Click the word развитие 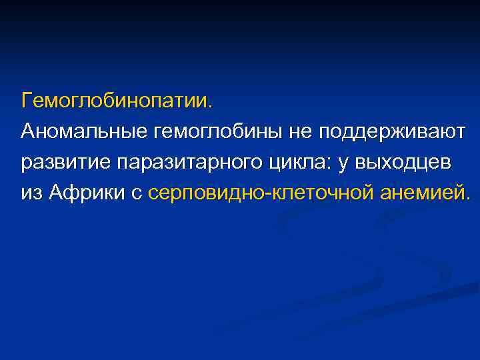point(65,162)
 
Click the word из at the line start point(31,193)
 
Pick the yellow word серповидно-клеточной point(261,193)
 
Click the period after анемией point(467,197)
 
